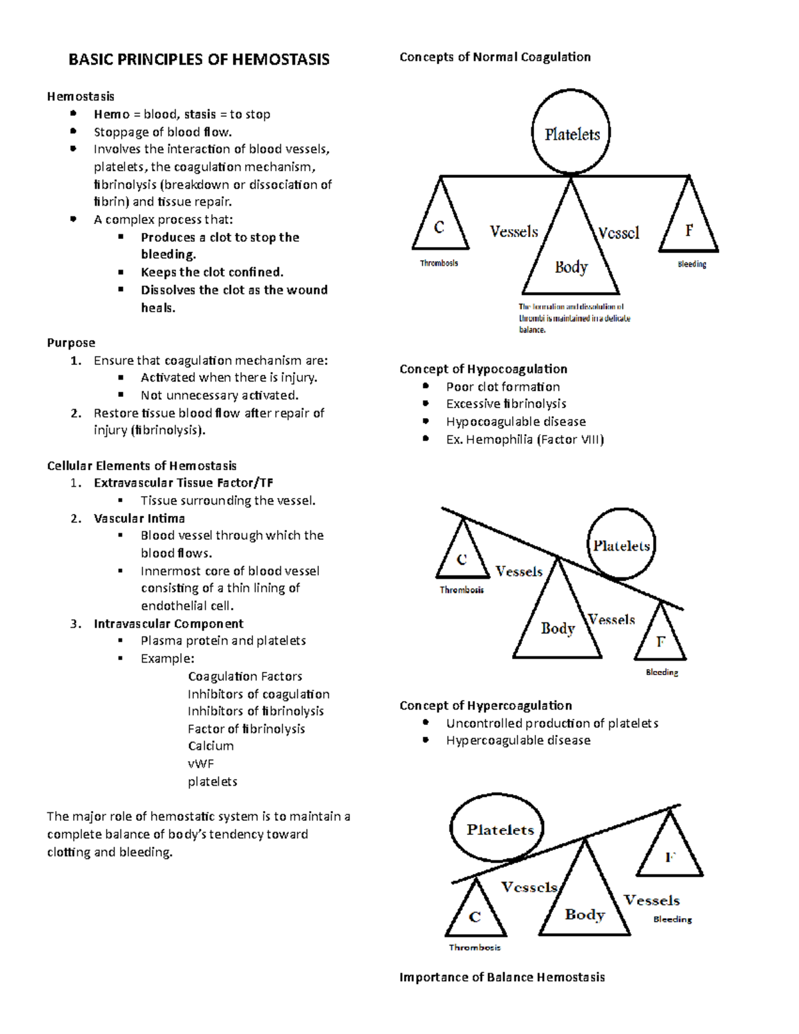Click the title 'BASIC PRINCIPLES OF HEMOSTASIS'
[x=198, y=60]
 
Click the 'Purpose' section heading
[x=71, y=343]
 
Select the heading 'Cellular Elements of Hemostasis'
[x=142, y=465]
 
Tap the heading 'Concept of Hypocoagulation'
[x=483, y=369]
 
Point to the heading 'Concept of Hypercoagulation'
[x=485, y=705]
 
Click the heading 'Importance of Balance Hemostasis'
[x=502, y=977]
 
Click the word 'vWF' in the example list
[x=200, y=764]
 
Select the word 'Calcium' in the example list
[x=210, y=746]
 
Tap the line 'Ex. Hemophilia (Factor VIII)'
[x=525, y=439]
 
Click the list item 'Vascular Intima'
[x=139, y=518]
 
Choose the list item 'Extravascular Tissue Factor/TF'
[x=183, y=483]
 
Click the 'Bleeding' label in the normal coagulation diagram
[x=692, y=264]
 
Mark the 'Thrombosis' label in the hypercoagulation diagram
[x=474, y=947]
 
